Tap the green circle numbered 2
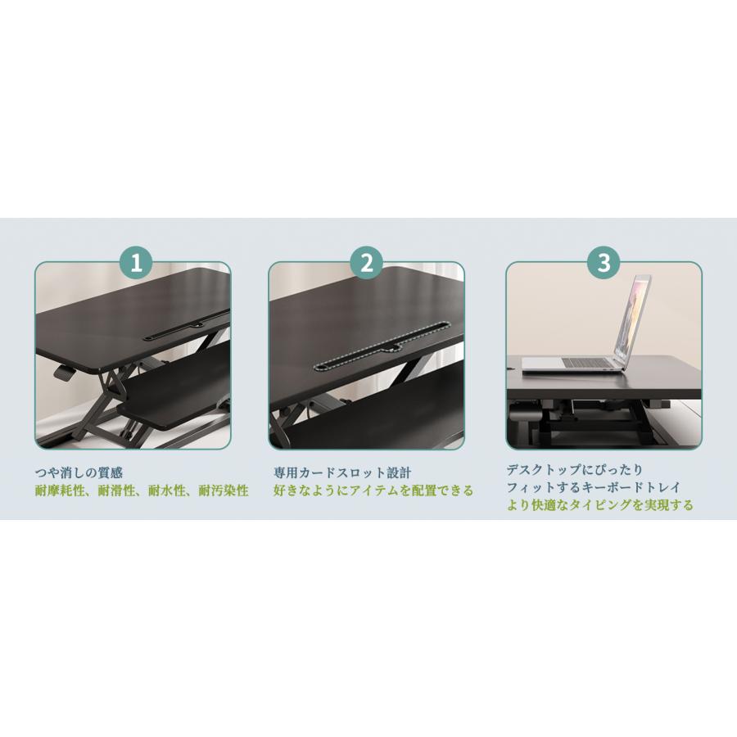coord(367,263)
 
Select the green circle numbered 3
coord(604,263)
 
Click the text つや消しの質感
coord(79,472)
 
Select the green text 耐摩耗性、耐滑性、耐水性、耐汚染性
coord(142,491)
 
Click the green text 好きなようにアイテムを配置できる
coord(373,491)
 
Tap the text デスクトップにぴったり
coord(575,470)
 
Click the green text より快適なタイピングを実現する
coord(599,505)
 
